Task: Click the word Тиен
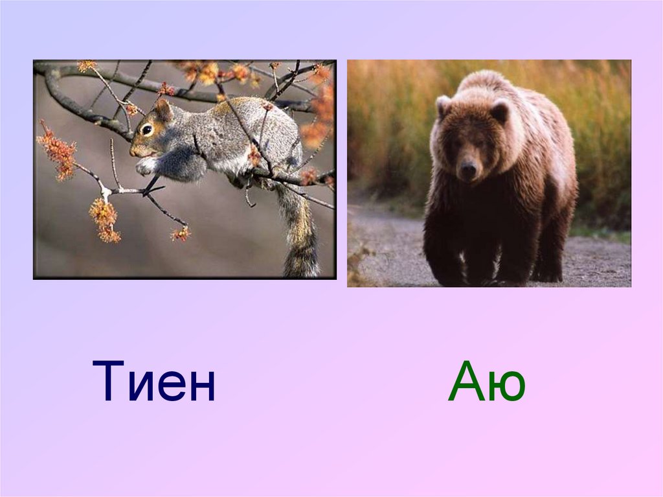click(154, 382)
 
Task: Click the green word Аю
click(486, 382)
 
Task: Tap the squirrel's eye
click(148, 130)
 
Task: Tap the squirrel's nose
click(132, 152)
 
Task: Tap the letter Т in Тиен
click(111, 382)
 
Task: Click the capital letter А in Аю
click(466, 382)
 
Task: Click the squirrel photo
click(185, 170)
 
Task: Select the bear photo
click(489, 173)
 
